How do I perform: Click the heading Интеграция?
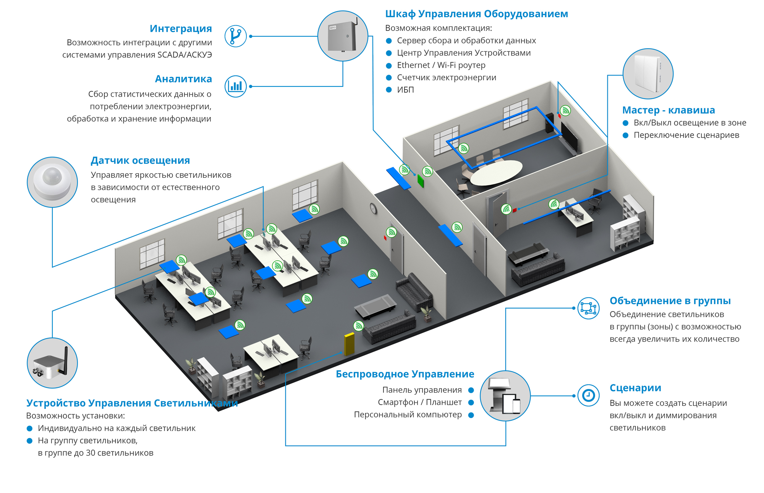pyautogui.click(x=181, y=29)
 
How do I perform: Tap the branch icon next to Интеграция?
pyautogui.click(x=235, y=36)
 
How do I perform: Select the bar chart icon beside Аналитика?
pyautogui.click(x=235, y=86)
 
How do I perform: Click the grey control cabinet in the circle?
pyautogui.click(x=342, y=36)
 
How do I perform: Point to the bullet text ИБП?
pyautogui.click(x=405, y=90)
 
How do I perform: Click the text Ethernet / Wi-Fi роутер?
pyautogui.click(x=441, y=65)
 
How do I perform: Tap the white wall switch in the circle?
pyautogui.click(x=647, y=73)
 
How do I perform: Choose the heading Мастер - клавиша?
pyautogui.click(x=668, y=110)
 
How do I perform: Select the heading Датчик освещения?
pyautogui.click(x=140, y=161)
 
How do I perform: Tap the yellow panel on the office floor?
pyautogui.click(x=349, y=344)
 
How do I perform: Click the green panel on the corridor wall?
pyautogui.click(x=421, y=181)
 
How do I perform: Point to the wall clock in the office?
pyautogui.click(x=373, y=208)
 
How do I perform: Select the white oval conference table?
pyautogui.click(x=496, y=172)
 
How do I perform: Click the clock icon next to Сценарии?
pyautogui.click(x=588, y=395)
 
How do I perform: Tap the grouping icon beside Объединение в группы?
pyautogui.click(x=588, y=308)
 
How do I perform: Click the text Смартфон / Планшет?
pyautogui.click(x=419, y=402)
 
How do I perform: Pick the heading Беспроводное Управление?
pyautogui.click(x=405, y=374)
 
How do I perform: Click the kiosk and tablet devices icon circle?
pyautogui.click(x=505, y=396)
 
